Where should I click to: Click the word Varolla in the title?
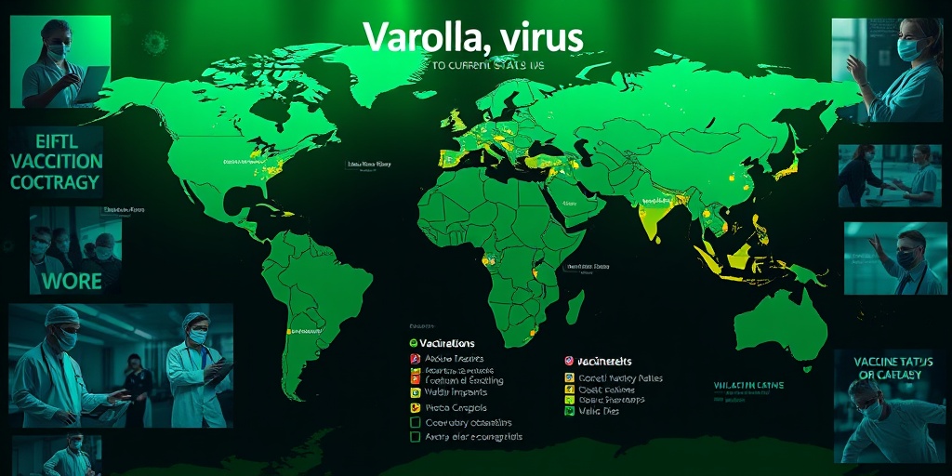click(x=415, y=36)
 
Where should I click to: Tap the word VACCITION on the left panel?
click(x=57, y=160)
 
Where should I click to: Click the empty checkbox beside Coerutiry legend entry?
click(x=416, y=421)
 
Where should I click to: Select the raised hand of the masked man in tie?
click(x=876, y=245)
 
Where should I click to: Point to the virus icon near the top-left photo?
click(x=152, y=42)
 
